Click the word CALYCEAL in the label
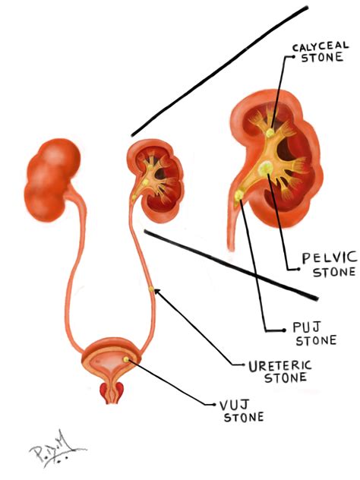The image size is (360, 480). (x=321, y=46)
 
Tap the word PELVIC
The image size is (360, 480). (x=330, y=258)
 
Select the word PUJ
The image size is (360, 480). (x=307, y=327)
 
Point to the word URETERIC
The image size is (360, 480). (x=280, y=366)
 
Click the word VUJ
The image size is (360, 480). (x=233, y=406)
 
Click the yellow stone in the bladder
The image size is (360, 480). (x=126, y=359)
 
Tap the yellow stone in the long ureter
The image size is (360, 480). (x=151, y=289)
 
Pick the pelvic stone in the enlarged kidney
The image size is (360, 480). (x=265, y=168)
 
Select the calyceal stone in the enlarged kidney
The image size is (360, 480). (x=270, y=133)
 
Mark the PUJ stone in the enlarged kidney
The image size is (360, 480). (x=238, y=195)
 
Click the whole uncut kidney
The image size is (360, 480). (x=52, y=180)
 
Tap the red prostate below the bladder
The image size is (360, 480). (x=112, y=392)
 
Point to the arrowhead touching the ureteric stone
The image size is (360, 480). (x=156, y=292)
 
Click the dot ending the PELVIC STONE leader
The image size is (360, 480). (x=298, y=269)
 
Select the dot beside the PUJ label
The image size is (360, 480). (x=284, y=330)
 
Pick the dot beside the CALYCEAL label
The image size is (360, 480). (x=294, y=56)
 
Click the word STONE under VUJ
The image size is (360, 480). (x=244, y=417)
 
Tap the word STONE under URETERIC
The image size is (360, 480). (x=286, y=377)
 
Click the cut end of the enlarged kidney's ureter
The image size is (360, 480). (x=231, y=248)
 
